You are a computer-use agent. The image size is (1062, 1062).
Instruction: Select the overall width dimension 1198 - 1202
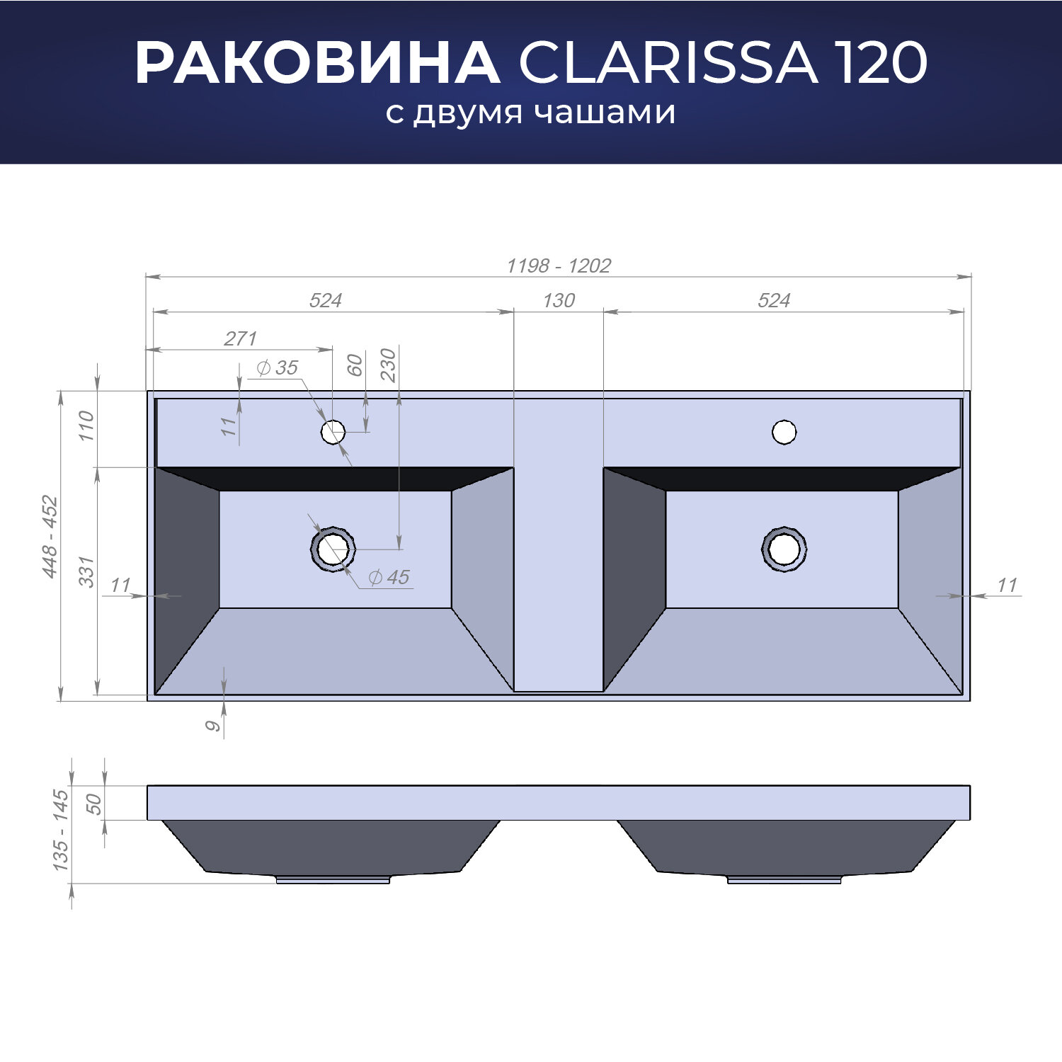(x=559, y=265)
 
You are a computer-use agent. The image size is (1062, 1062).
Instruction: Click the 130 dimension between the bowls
(x=559, y=300)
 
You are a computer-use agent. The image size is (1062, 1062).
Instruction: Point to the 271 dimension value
(x=241, y=338)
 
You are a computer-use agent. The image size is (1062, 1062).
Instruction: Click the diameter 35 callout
(x=277, y=367)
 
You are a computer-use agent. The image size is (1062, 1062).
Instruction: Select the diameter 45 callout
(x=389, y=577)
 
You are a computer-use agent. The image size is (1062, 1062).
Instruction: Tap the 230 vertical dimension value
(x=388, y=365)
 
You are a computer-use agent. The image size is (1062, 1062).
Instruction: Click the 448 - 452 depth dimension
(x=50, y=536)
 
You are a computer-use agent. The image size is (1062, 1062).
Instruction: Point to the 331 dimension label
(x=86, y=571)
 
